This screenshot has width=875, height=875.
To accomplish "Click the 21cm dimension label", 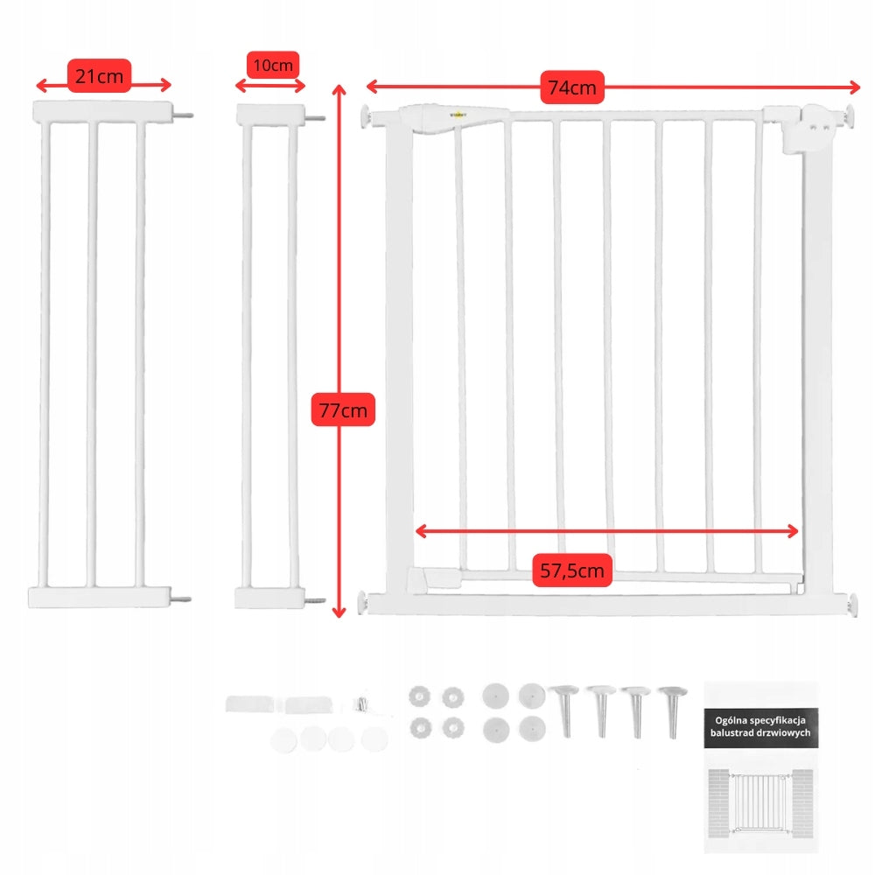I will pyautogui.click(x=99, y=76).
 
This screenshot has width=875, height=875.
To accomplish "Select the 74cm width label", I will pyautogui.click(x=572, y=87).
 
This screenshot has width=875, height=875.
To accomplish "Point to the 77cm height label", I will pyautogui.click(x=343, y=409).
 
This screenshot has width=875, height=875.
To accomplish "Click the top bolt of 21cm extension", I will pyautogui.click(x=185, y=114).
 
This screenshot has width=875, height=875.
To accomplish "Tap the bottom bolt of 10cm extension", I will pyautogui.click(x=315, y=601).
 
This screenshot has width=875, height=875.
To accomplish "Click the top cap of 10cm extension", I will pyautogui.click(x=270, y=115).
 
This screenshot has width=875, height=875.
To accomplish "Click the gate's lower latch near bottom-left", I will pyautogui.click(x=436, y=577).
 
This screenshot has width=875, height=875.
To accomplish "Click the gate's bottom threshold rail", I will pyautogui.click(x=604, y=604).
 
